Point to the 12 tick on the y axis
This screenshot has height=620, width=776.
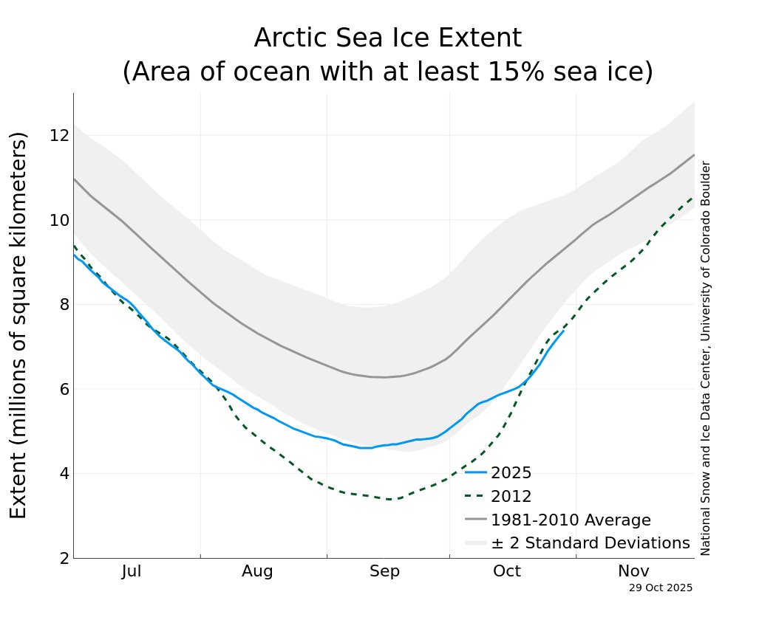tap(59, 136)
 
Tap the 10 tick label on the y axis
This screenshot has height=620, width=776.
tap(59, 220)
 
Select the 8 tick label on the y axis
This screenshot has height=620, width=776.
tap(64, 305)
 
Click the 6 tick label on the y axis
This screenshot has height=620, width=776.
tap(64, 389)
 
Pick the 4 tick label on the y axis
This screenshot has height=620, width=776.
tap(64, 474)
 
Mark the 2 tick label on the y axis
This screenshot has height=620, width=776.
tap(64, 558)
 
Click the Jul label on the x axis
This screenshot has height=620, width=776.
tap(132, 571)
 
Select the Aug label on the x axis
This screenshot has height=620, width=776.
tap(257, 571)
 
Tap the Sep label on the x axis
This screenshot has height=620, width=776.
tap(384, 571)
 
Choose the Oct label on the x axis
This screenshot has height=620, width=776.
tap(507, 571)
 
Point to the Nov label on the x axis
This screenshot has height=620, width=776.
tap(634, 571)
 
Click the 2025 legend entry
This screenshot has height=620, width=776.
tap(511, 473)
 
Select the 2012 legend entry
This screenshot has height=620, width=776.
tap(511, 497)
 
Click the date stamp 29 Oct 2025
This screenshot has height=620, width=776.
tap(661, 588)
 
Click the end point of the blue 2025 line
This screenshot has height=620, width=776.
tap(564, 331)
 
